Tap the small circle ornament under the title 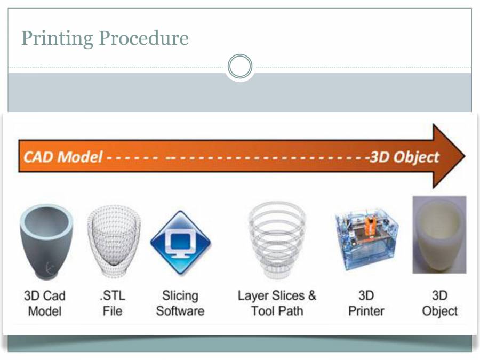coord(239,67)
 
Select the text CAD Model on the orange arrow coord(63,157)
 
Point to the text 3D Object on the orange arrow coord(404,157)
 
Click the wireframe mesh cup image coord(113,240)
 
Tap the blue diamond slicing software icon coord(180,242)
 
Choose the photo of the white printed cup coord(439,235)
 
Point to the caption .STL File coord(113,303)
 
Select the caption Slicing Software coord(180,303)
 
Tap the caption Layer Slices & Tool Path coord(277,303)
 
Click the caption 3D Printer coord(366,303)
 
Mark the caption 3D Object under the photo coord(439,303)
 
